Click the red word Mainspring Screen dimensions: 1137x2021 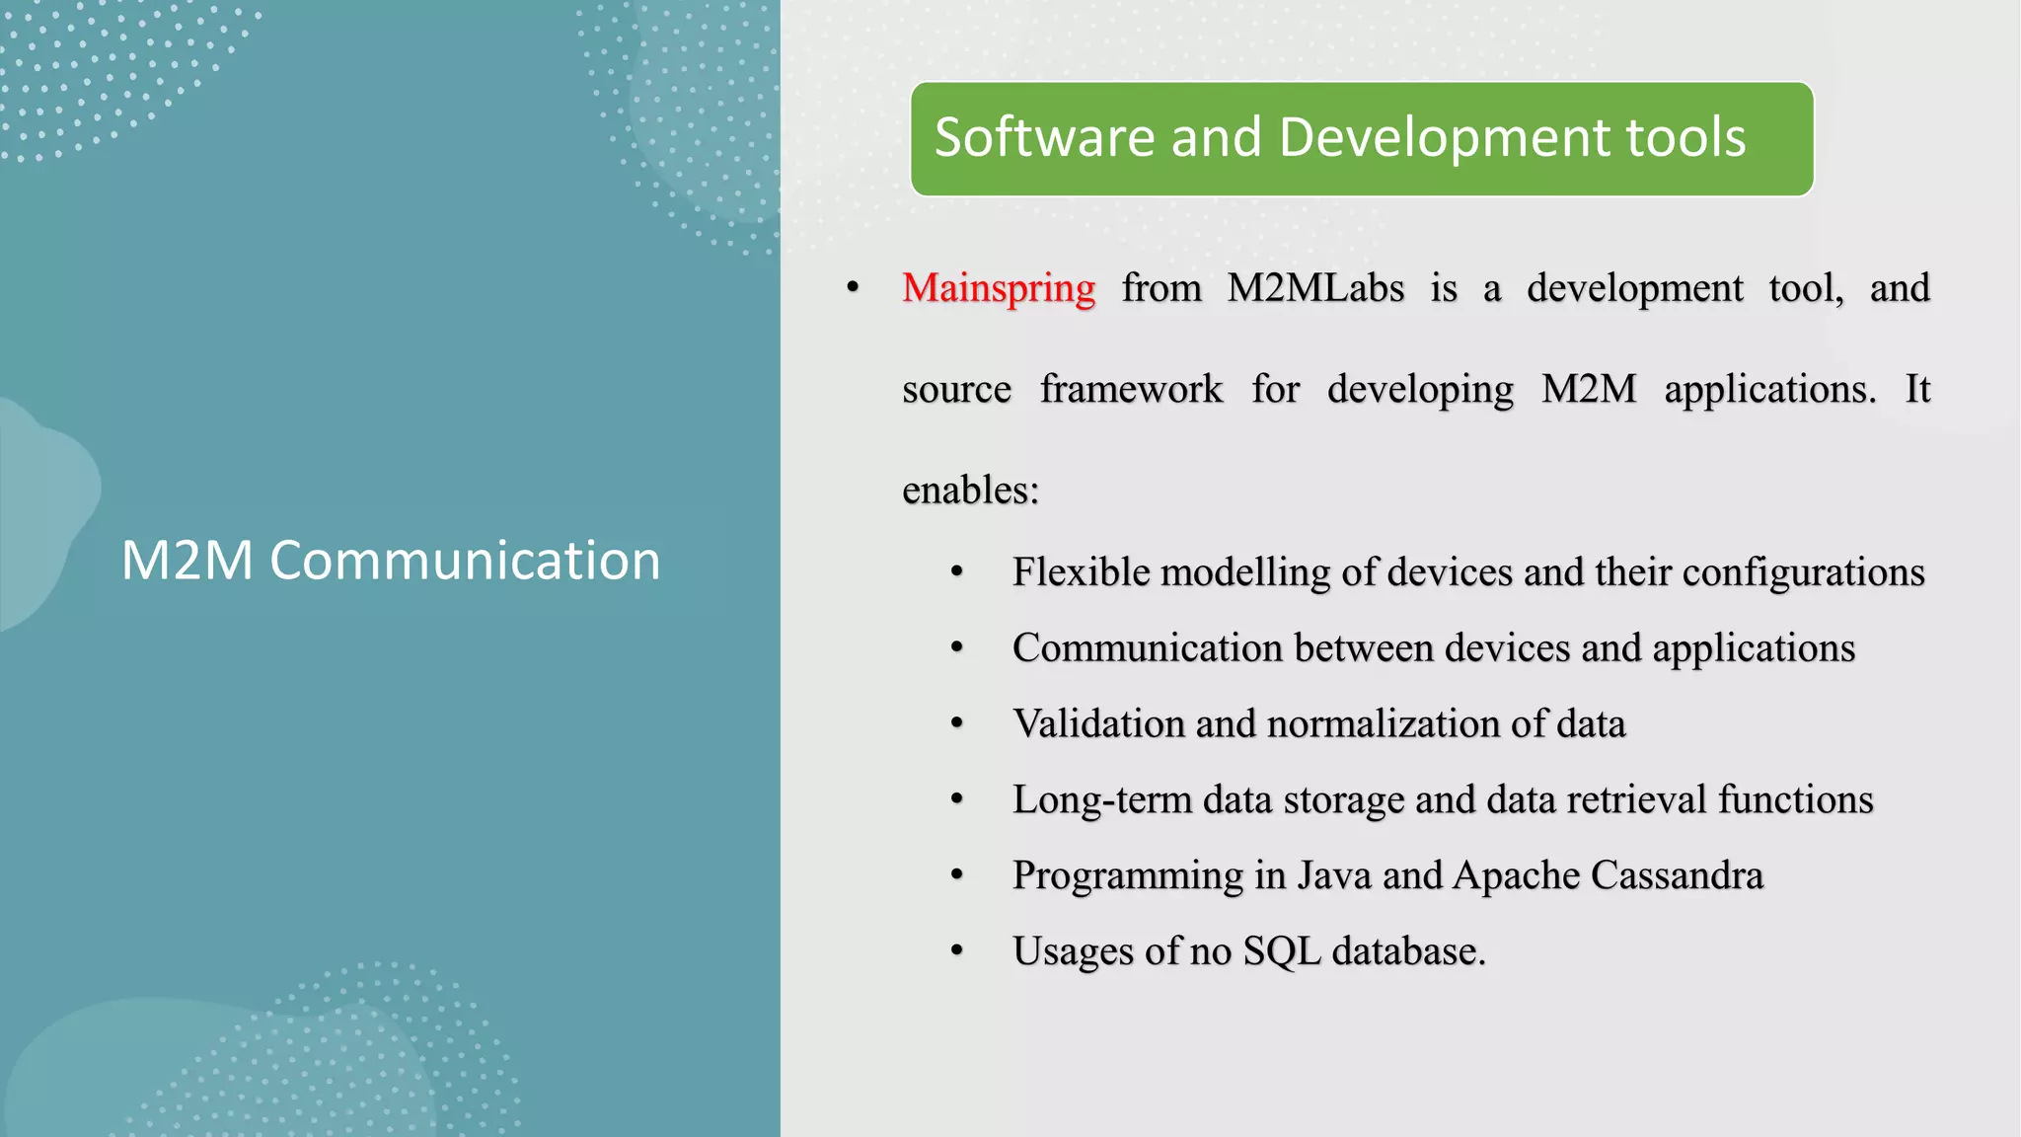(998, 289)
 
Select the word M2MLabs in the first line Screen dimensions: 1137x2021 (1315, 289)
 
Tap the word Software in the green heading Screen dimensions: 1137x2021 (1044, 137)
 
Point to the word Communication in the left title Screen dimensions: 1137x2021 (465, 561)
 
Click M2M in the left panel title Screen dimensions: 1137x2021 (187, 561)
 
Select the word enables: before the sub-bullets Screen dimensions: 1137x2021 (970, 490)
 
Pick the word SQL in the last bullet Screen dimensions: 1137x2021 (1281, 951)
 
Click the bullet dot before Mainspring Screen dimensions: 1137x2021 (854, 288)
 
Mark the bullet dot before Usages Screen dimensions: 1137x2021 (956, 951)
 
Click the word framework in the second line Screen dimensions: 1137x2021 (1131, 390)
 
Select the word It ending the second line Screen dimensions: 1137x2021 (1916, 389)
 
